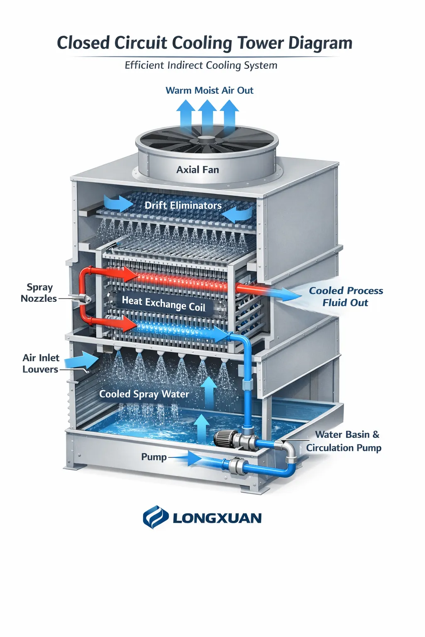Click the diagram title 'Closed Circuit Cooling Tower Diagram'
pos(204,43)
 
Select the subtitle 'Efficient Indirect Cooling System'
pos(201,66)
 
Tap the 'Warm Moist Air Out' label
pos(209,90)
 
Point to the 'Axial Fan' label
pos(198,170)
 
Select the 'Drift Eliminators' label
pos(183,205)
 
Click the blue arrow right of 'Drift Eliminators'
pos(237,214)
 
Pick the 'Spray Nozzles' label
pos(39,293)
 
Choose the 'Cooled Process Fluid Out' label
pos(346,297)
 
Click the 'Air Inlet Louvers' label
pos(41,363)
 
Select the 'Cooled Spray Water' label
pos(144,394)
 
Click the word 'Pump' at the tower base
pos(154,457)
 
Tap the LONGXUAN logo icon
pos(155,517)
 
